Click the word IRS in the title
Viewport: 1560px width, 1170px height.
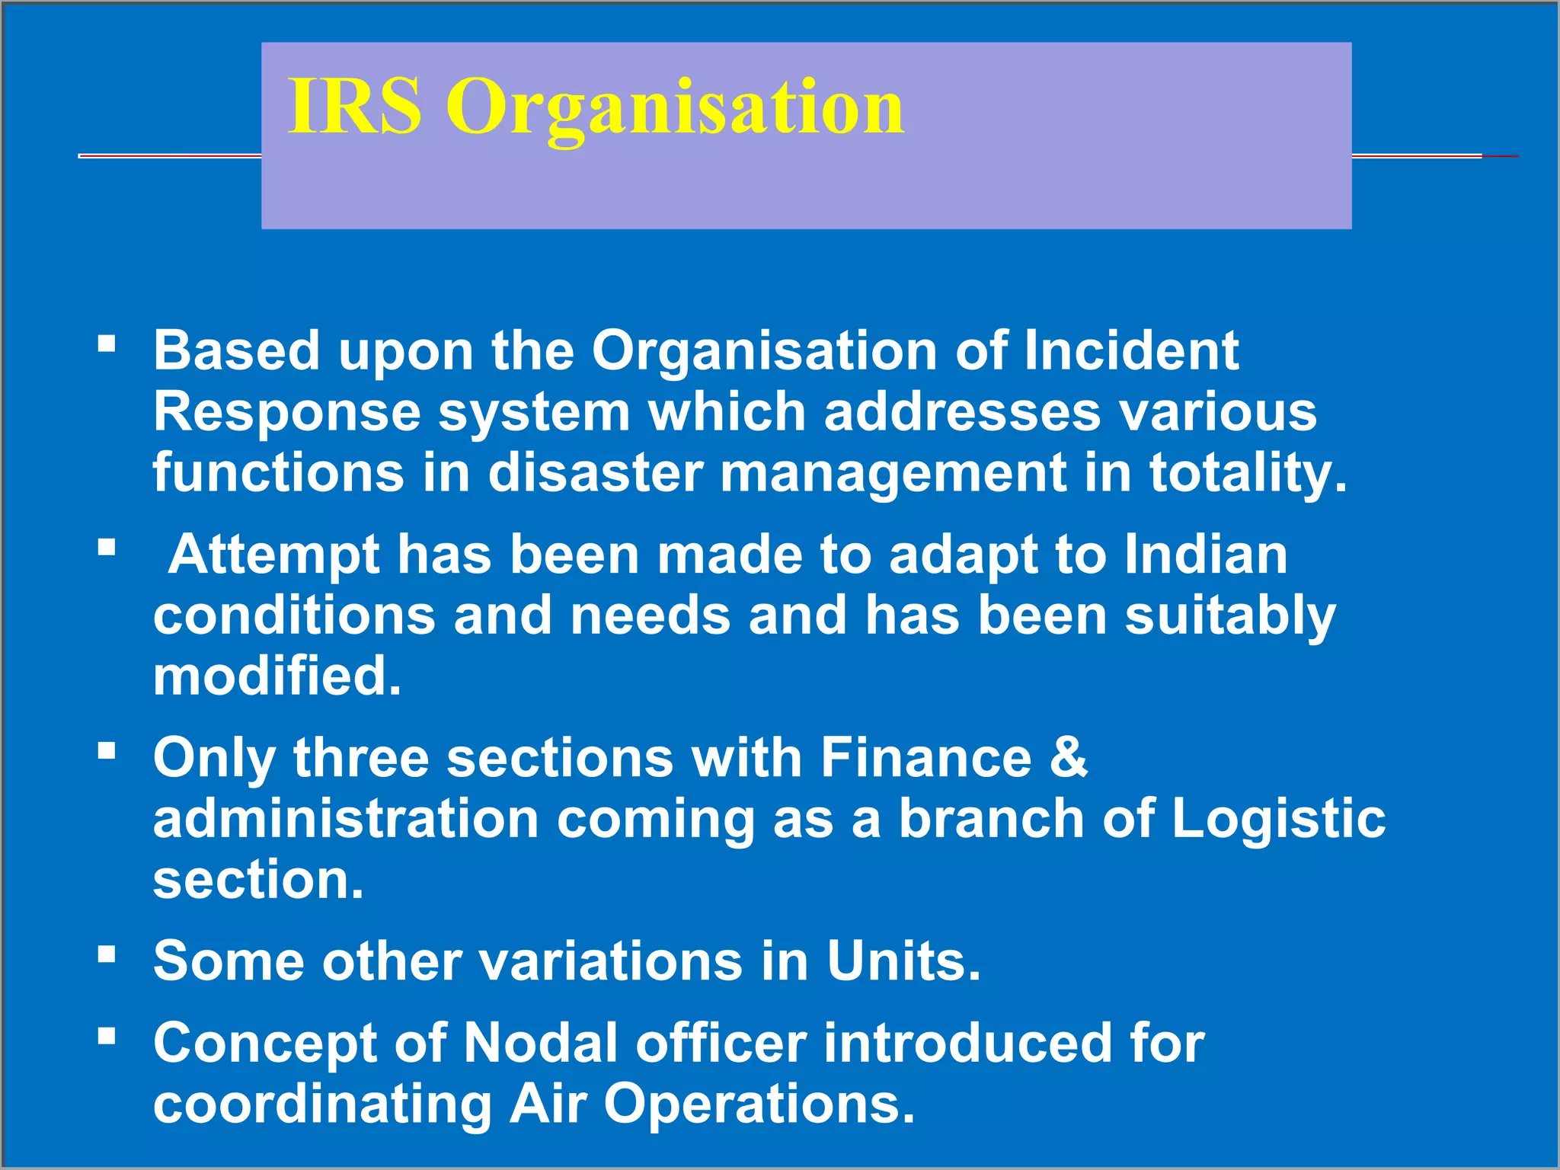(x=354, y=107)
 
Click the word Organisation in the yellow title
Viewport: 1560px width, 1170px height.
(x=675, y=108)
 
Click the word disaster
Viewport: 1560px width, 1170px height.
(x=595, y=473)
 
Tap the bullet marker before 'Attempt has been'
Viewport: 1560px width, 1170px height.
(x=107, y=547)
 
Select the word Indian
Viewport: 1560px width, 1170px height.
(x=1206, y=555)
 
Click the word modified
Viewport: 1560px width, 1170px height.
(x=277, y=676)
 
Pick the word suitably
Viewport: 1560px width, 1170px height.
(x=1230, y=615)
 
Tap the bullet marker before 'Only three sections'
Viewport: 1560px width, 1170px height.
(x=107, y=751)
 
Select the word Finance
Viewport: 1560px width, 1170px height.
(x=925, y=758)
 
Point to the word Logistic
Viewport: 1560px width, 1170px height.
(x=1278, y=819)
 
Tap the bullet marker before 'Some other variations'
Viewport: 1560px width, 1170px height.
(x=107, y=954)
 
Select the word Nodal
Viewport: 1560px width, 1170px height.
(x=541, y=1043)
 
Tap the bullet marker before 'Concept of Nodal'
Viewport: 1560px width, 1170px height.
(x=107, y=1036)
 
